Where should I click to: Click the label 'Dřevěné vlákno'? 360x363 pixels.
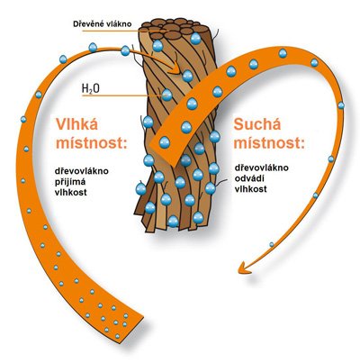click(x=103, y=24)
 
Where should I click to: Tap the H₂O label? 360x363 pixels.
click(x=91, y=89)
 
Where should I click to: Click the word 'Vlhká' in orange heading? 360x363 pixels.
click(x=76, y=123)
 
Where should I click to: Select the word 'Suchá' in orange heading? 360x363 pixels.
click(x=257, y=123)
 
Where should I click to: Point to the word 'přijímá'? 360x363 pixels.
click(x=70, y=182)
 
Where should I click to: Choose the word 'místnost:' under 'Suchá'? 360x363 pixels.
click(x=269, y=143)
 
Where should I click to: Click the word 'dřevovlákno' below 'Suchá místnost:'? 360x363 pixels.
click(x=261, y=168)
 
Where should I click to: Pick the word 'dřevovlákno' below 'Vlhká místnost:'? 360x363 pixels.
click(x=81, y=171)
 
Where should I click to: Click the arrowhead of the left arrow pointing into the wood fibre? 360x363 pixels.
click(x=174, y=68)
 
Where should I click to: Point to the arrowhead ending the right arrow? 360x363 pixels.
click(x=244, y=268)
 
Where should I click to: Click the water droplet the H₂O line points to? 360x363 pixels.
click(x=166, y=95)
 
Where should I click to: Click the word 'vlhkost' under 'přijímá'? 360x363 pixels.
click(x=70, y=193)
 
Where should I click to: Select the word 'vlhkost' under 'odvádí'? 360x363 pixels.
click(x=250, y=189)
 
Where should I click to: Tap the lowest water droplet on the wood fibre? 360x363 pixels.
click(x=173, y=221)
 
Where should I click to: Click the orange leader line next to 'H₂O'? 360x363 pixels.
click(x=122, y=96)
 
